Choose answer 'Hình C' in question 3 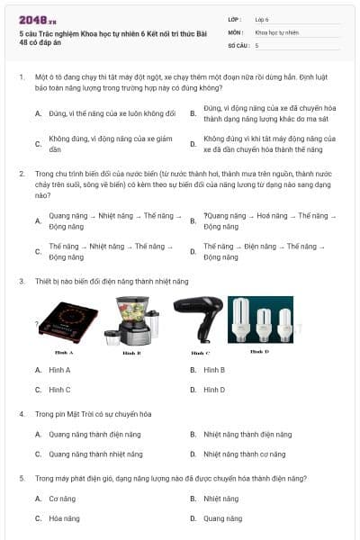tap(59, 390)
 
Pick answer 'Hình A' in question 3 tap(59, 370)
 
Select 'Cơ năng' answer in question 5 tap(62, 499)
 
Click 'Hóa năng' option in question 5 tap(63, 518)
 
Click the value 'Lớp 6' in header tap(262, 18)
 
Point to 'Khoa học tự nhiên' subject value tap(275, 31)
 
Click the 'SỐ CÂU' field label tap(238, 44)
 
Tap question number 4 tap(22, 414)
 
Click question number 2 tap(22, 173)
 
